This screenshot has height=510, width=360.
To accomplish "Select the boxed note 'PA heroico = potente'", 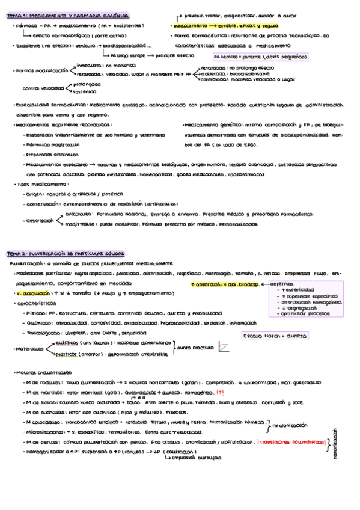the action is pos(255,56).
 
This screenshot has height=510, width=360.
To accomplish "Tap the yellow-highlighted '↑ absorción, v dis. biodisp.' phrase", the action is pos(224,283).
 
